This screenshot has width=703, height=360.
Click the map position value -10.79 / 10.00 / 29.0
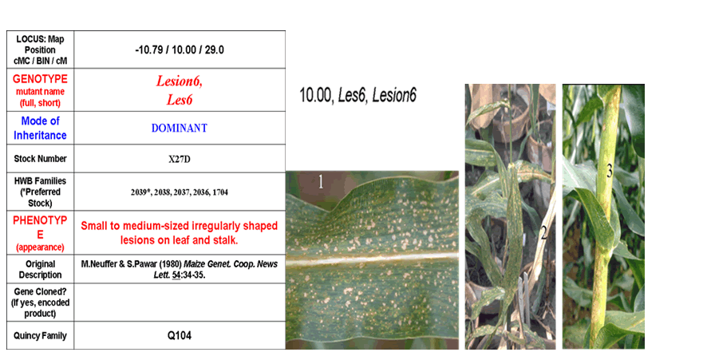tap(180, 49)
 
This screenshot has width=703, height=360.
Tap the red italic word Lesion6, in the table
tap(180, 81)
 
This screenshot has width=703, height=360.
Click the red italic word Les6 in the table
tap(180, 100)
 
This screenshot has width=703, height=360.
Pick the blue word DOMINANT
tap(180, 129)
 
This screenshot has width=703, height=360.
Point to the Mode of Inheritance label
tap(40, 129)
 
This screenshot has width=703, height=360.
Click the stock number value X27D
tap(180, 159)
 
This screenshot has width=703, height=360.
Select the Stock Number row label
tap(40, 159)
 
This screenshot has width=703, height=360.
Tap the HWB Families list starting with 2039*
tap(180, 192)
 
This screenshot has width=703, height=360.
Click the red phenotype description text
tap(180, 232)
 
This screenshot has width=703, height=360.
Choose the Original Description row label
tap(40, 270)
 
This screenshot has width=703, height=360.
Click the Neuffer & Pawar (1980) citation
tap(180, 270)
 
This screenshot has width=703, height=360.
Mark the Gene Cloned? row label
tap(40, 303)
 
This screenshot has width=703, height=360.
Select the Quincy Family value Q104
tap(180, 335)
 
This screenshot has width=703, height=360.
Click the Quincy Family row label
tap(40, 336)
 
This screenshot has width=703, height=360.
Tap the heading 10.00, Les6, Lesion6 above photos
tap(357, 96)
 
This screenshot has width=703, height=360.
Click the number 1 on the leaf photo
tap(321, 181)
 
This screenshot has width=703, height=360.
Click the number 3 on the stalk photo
tap(610, 171)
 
